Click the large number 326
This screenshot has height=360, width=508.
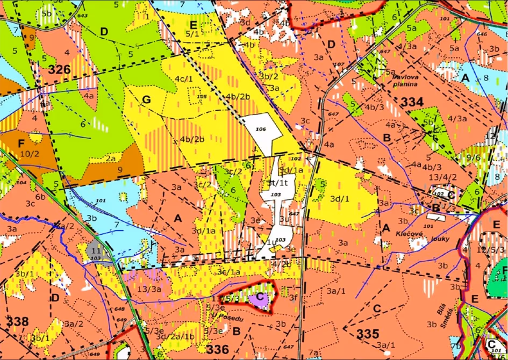pos(59,69)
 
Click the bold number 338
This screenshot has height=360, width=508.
pos(18,321)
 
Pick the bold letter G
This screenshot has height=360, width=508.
pos(145,100)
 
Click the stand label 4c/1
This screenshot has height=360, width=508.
pos(183,79)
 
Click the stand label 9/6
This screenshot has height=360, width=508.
pos(474,157)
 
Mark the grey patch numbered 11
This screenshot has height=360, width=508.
pos(95,251)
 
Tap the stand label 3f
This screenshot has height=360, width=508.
pos(293,297)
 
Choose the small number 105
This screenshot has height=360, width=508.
pos(202,97)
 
